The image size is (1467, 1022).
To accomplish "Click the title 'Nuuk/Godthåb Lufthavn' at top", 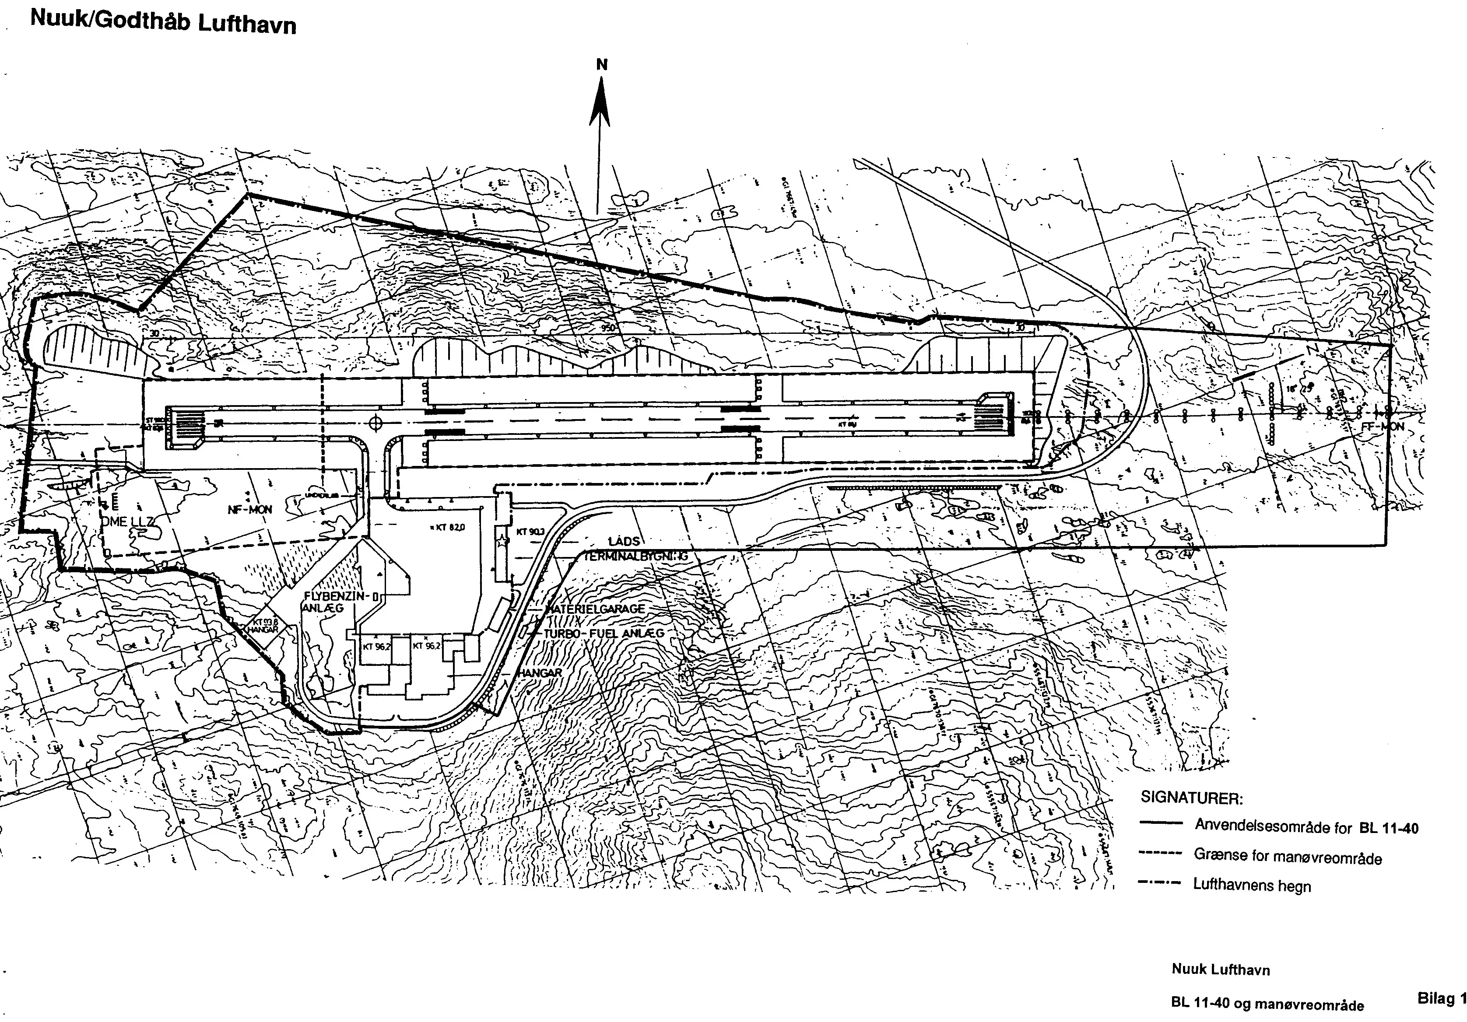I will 163,21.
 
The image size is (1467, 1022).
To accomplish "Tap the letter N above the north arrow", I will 602,64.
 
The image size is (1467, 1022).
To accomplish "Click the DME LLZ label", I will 127,522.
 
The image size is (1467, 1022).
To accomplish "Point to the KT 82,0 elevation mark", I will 449,528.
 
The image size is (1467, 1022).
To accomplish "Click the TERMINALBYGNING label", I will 636,556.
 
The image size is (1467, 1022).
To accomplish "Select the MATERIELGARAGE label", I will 595,609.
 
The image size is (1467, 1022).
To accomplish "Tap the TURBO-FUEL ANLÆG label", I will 604,633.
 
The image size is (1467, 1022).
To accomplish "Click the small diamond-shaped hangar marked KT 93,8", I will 264,626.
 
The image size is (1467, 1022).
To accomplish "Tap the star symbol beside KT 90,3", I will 503,542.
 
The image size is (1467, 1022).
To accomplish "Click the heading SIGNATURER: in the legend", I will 1192,798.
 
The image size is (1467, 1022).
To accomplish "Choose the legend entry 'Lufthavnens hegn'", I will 1252,885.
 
